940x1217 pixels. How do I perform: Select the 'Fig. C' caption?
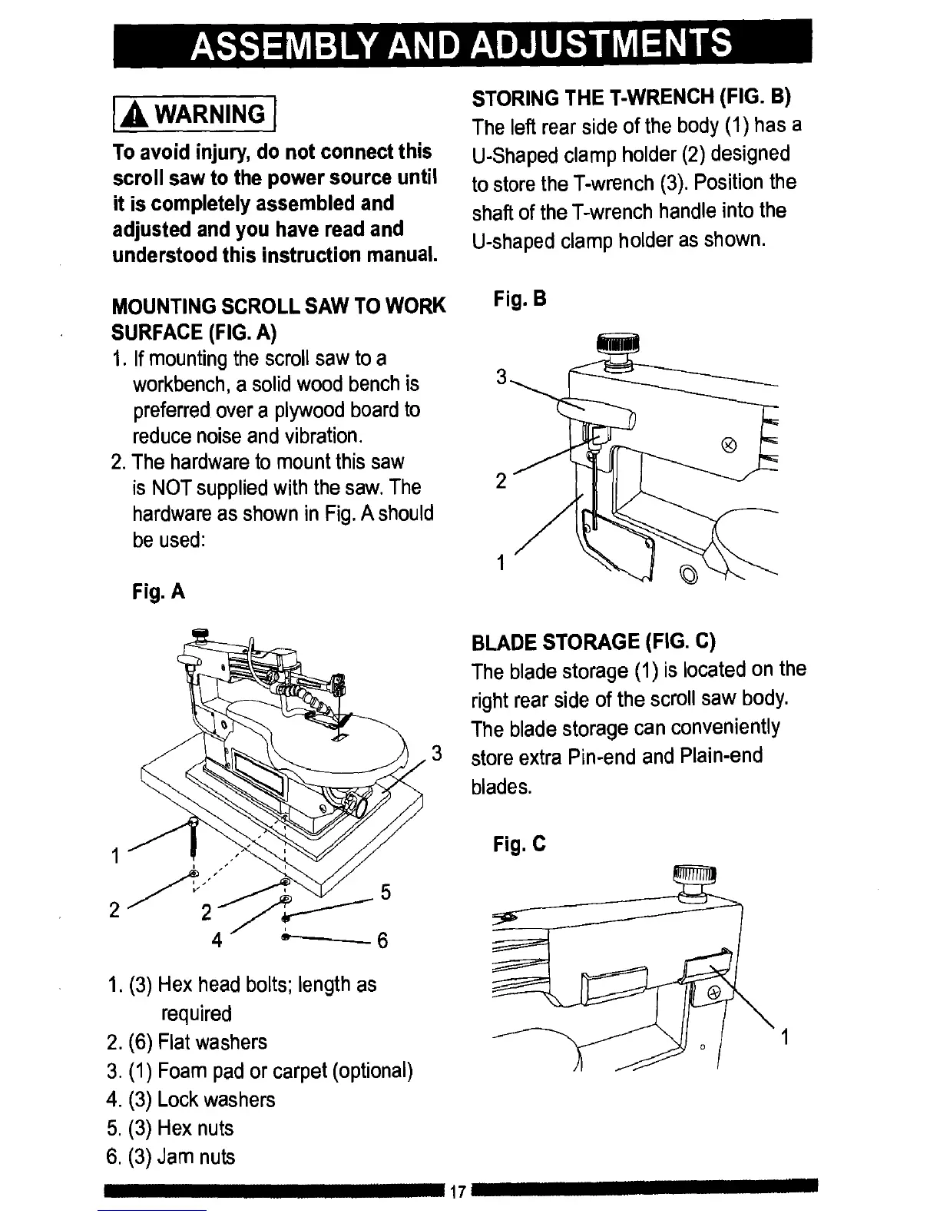(x=519, y=845)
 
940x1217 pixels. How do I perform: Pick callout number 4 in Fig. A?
(x=217, y=940)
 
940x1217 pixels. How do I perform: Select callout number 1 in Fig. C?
(x=784, y=1039)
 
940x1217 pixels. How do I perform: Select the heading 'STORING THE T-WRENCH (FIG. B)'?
(x=631, y=98)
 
